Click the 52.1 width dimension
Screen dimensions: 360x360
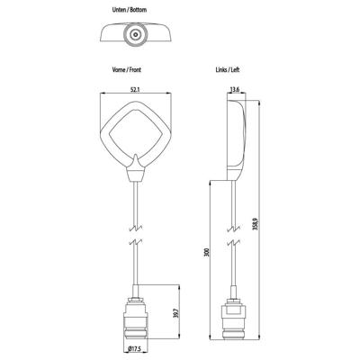tap(134, 89)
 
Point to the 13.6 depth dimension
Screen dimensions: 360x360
tap(235, 89)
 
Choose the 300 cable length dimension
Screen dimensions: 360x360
tap(206, 255)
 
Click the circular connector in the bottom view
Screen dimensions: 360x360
tap(134, 36)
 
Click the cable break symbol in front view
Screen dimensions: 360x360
tap(134, 243)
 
